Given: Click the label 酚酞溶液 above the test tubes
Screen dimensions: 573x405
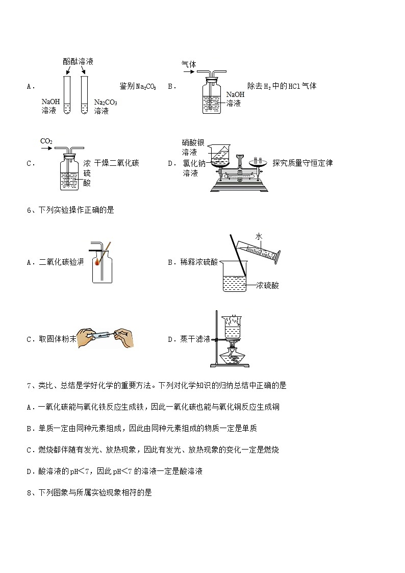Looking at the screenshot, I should [78, 61].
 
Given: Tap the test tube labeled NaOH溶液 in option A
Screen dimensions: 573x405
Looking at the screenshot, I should [67, 95].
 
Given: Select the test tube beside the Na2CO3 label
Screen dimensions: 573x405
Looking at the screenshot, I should [85, 95].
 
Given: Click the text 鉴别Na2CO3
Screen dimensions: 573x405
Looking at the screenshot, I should [138, 86].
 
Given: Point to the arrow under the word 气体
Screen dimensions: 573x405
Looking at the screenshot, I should [189, 72].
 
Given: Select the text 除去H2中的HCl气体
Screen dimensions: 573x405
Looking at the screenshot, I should [282, 86].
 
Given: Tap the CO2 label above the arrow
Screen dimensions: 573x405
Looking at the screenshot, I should [46, 141].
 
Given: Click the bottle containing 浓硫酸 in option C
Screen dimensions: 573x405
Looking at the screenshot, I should [69, 173].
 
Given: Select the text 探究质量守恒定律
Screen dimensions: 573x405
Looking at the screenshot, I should [302, 163].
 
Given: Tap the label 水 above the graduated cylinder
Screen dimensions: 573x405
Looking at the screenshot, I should [259, 236].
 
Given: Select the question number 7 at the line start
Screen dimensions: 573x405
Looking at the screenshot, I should [29, 386].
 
